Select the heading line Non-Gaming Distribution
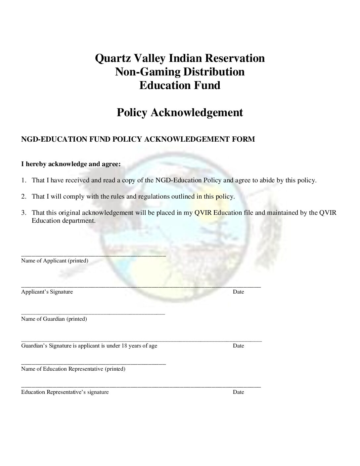click(x=180, y=72)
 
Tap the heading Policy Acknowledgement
click(x=180, y=113)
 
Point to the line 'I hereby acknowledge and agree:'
click(x=71, y=164)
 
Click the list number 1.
click(x=23, y=180)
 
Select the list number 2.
click(x=23, y=197)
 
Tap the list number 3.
click(x=23, y=213)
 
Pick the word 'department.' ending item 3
click(x=79, y=221)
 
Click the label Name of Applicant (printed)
click(x=55, y=261)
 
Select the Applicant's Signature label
click(x=47, y=292)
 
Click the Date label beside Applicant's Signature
click(x=238, y=292)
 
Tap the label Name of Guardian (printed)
click(x=54, y=319)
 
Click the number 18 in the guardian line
click(x=124, y=346)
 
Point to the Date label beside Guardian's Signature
click(x=238, y=346)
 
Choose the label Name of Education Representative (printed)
click(x=73, y=369)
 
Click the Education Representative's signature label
click(x=65, y=392)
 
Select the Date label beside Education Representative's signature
click(x=238, y=392)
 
